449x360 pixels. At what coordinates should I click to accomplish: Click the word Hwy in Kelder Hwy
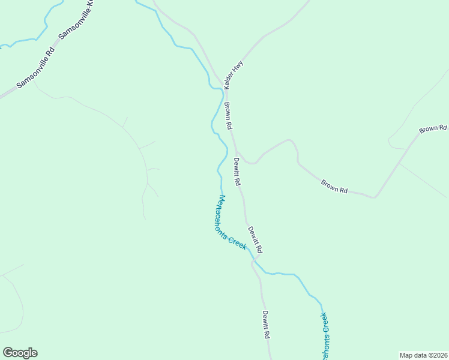240,67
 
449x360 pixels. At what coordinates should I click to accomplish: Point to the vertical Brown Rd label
228,116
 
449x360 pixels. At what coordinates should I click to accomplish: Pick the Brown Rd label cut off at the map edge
433,128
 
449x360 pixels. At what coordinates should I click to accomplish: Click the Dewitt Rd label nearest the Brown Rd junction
237,171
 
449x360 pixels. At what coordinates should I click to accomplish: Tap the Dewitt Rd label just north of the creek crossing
255,239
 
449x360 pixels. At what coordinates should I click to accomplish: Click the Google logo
20,353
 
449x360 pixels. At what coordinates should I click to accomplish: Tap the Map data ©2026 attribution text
424,355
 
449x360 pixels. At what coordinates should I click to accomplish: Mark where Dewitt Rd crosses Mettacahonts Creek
255,262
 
